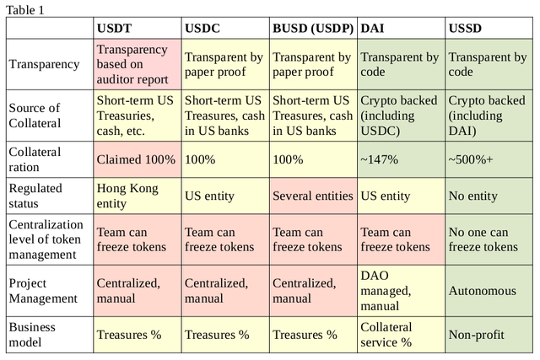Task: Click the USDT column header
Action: click(114, 28)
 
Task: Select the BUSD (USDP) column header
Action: click(313, 28)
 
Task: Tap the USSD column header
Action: click(465, 28)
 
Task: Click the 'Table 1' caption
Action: click(25, 10)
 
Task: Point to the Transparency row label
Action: click(44, 64)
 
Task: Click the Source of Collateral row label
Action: click(35, 116)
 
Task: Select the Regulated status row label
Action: click(35, 196)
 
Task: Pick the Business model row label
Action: click(32, 335)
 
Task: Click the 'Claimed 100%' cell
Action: click(136, 159)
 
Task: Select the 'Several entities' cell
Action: click(313, 196)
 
